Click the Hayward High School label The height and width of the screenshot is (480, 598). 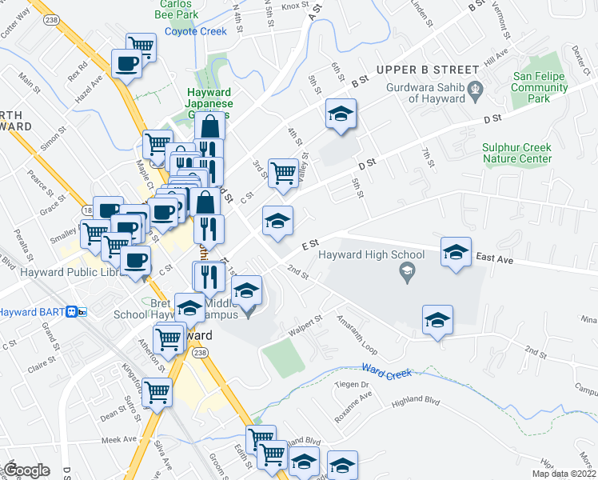coord(371,255)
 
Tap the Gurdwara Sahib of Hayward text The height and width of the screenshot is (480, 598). coord(425,94)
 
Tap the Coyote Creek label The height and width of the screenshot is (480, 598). coord(196,32)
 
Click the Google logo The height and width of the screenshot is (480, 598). coord(26,470)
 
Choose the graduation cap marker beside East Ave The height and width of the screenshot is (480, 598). coord(456,252)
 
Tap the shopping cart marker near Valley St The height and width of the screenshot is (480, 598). coord(283,173)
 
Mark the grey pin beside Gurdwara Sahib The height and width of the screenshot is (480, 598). coord(476,88)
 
